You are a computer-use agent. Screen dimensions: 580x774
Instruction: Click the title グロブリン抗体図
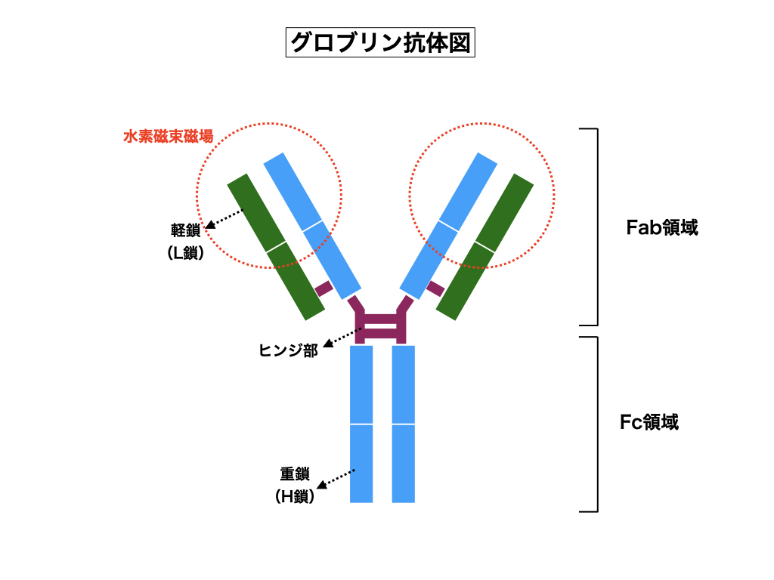(x=381, y=42)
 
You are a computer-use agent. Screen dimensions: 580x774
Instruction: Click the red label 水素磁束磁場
(x=168, y=137)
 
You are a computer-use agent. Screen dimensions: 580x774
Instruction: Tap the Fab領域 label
(x=662, y=227)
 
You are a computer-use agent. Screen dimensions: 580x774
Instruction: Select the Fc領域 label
(x=649, y=422)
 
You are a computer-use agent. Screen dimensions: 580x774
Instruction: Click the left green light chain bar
(x=276, y=246)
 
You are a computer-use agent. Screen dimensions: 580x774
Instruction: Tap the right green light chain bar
(x=485, y=246)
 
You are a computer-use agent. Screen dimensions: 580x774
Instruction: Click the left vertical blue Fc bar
(x=361, y=424)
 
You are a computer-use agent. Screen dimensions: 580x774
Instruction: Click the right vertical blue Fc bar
(x=404, y=424)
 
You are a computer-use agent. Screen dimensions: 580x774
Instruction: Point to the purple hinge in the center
(x=382, y=323)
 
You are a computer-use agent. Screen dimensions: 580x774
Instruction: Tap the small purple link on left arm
(x=324, y=288)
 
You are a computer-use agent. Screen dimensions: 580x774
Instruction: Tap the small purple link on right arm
(x=435, y=288)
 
